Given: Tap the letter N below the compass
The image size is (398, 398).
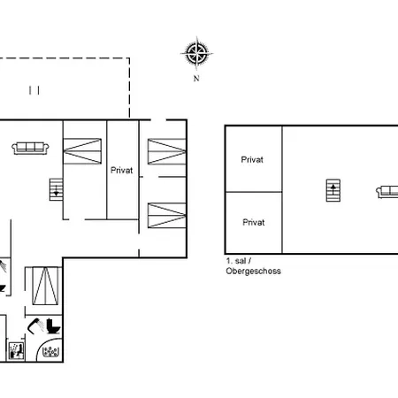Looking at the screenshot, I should pyautogui.click(x=196, y=78).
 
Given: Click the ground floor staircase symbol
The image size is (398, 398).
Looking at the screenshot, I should pyautogui.click(x=56, y=189).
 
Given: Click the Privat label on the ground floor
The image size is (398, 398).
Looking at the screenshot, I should pyautogui.click(x=122, y=172).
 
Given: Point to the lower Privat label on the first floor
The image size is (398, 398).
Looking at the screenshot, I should pyautogui.click(x=254, y=222).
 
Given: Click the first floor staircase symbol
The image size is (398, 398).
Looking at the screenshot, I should pyautogui.click(x=333, y=190).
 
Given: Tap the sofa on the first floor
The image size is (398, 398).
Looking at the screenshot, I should pyautogui.click(x=387, y=190).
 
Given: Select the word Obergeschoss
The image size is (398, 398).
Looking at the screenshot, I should pyautogui.click(x=253, y=272).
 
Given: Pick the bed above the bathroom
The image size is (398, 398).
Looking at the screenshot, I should pyautogui.click(x=42, y=284).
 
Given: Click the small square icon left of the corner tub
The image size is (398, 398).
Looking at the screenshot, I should pyautogui.click(x=15, y=350).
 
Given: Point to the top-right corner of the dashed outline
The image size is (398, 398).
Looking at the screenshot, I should pyautogui.click(x=130, y=58).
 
